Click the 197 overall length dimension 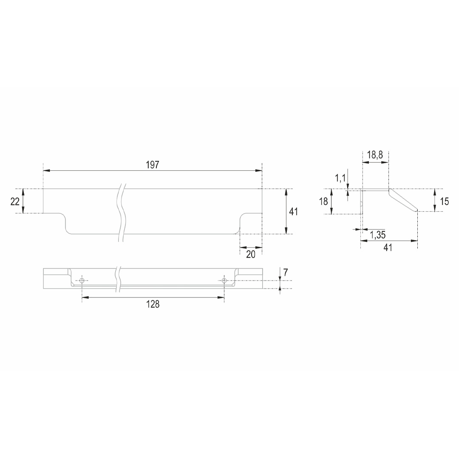[x=153, y=165]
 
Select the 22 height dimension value [x=15, y=201]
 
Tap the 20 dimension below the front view [x=251, y=255]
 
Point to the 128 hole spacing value [x=153, y=304]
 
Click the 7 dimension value [x=286, y=272]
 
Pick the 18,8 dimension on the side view [x=375, y=155]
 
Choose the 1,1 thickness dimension [x=340, y=178]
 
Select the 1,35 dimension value [x=378, y=235]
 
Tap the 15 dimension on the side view [x=445, y=201]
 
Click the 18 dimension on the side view [x=323, y=201]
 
